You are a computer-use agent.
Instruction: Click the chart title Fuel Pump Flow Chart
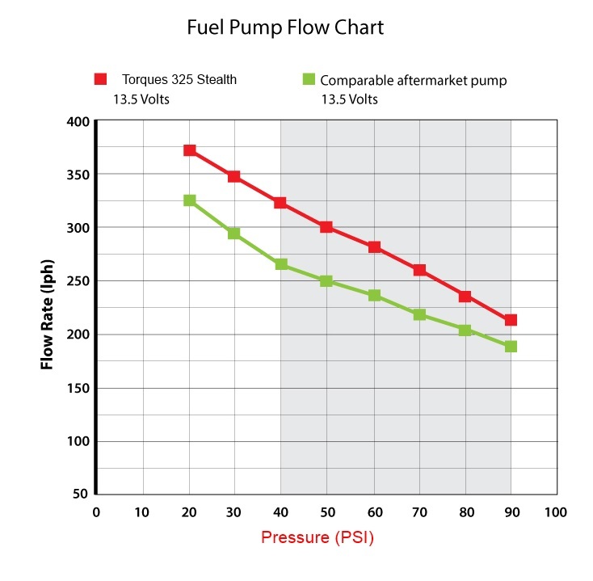pos(284,28)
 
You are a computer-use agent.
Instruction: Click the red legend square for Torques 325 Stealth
pos(100,79)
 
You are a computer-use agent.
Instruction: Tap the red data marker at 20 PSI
pos(189,150)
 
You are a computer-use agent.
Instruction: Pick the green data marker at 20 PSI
pos(189,200)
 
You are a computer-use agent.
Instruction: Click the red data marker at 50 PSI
pos(326,227)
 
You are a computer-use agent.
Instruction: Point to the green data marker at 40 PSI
pos(280,264)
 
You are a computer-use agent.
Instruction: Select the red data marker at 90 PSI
pos(511,320)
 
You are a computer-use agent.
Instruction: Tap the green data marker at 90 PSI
pos(511,347)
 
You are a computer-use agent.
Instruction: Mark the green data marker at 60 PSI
pos(372,295)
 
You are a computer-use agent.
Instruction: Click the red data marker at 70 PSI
pos(418,270)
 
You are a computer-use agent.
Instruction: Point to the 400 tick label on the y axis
pos(78,121)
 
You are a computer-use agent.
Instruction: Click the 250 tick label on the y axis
pos(78,281)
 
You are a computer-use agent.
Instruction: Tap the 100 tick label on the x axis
pos(556,512)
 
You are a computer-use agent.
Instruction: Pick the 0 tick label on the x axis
pos(96,512)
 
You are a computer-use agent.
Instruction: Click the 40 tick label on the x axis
pos(280,512)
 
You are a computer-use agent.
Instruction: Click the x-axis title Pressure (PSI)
pos(318,537)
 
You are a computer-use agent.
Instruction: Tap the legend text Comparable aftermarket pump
pos(413,80)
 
